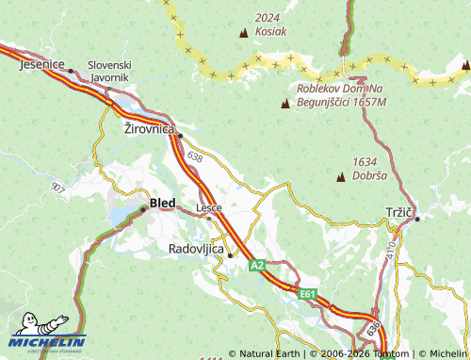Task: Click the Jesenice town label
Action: pyautogui.click(x=41, y=64)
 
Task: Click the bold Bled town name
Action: pyautogui.click(x=162, y=203)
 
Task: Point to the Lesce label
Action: pyautogui.click(x=208, y=206)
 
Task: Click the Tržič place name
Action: pyautogui.click(x=398, y=211)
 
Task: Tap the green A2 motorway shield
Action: pyautogui.click(x=256, y=267)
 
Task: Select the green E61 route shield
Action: pyautogui.click(x=307, y=295)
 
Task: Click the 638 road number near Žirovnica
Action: pyautogui.click(x=195, y=157)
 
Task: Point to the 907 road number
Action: pyautogui.click(x=58, y=188)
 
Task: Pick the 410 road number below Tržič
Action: pyautogui.click(x=392, y=246)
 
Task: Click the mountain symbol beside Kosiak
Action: pyautogui.click(x=245, y=33)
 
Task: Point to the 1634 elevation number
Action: pyautogui.click(x=365, y=162)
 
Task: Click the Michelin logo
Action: pyautogui.click(x=48, y=341)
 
